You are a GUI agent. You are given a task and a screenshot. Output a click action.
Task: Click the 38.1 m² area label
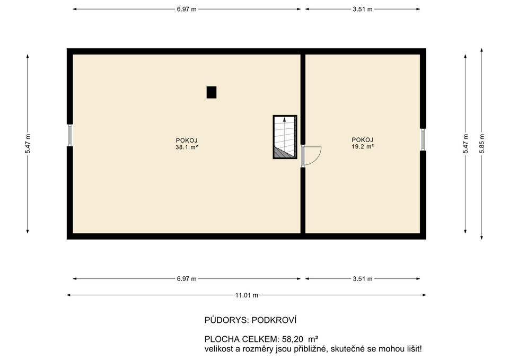pos(187,147)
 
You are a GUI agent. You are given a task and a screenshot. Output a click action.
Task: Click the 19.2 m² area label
pos(363,146)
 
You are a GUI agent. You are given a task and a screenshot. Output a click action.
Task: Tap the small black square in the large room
pos(212,92)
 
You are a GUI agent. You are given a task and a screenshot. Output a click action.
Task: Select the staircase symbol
pos(285,137)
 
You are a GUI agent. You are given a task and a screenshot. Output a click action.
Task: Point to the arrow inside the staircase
pos(285,121)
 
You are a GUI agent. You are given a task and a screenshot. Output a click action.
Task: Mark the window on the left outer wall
pos(69,135)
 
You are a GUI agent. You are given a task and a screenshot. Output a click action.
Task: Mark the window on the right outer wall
pos(423,139)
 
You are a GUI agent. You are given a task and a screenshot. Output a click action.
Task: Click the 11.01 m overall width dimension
pos(247,295)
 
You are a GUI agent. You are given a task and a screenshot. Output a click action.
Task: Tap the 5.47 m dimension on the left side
pos(28,143)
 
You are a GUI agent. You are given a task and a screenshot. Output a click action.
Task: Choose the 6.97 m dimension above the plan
pos(186,10)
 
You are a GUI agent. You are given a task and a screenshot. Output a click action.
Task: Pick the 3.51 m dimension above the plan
pos(363,10)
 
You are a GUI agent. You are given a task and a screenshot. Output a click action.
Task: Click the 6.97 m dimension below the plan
pos(186,279)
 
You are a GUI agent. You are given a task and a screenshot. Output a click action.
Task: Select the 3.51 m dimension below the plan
pos(363,279)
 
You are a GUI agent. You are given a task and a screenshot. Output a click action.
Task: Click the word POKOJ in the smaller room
pos(363,140)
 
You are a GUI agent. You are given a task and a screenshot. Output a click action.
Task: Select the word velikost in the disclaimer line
pos(218,349)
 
